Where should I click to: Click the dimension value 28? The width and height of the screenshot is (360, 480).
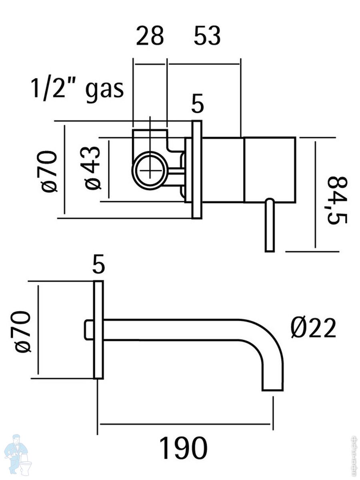click(150, 36)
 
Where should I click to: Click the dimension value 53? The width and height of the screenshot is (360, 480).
click(207, 36)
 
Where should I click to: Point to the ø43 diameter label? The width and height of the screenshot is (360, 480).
click(93, 168)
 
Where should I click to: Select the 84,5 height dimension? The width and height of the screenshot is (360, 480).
click(336, 200)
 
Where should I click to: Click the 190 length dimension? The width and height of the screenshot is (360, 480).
click(184, 448)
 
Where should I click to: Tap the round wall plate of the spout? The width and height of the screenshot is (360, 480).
click(98, 330)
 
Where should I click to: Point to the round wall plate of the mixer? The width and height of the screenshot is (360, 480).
click(197, 170)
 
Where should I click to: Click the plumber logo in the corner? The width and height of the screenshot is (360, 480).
click(16, 454)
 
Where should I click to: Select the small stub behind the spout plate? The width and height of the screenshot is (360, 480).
click(89, 330)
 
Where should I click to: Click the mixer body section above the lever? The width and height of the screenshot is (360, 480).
click(270, 170)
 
